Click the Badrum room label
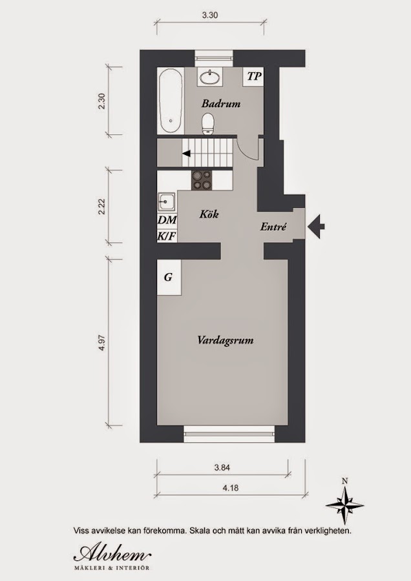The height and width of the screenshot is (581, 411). (221, 103)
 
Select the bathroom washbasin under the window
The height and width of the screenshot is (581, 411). (210, 77)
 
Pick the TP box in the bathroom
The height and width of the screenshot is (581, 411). (254, 77)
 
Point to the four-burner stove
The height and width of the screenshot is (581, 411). (202, 180)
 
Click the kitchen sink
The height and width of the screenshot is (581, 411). (167, 203)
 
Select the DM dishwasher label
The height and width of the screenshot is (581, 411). (167, 220)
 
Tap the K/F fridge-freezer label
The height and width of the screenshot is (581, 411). (167, 236)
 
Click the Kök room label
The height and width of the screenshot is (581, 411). (209, 214)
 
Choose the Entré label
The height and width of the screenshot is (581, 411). (273, 227)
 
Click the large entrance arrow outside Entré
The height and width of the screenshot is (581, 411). (317, 226)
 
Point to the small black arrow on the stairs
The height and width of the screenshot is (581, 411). (187, 152)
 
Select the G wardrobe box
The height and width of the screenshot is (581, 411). (169, 277)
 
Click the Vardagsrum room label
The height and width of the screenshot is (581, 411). (226, 340)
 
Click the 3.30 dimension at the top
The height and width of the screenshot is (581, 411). (210, 15)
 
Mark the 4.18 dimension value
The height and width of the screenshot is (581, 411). (230, 487)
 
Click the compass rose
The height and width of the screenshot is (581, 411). (344, 505)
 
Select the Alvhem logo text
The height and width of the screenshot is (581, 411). (112, 554)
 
